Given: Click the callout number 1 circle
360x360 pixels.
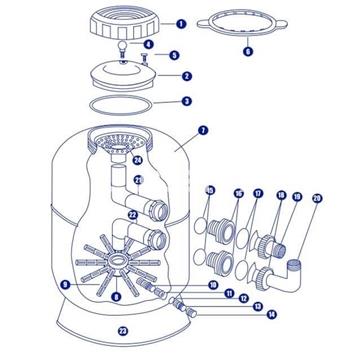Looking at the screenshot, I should (x=180, y=22).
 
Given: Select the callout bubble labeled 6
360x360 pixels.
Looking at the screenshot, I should (x=248, y=50).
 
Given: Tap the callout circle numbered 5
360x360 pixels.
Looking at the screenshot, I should (x=173, y=55).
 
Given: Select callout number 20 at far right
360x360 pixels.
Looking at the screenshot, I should (x=319, y=199).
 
